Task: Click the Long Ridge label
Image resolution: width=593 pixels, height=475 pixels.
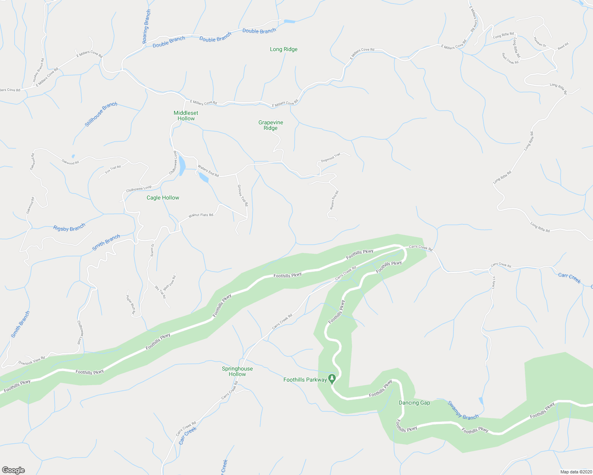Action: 283,49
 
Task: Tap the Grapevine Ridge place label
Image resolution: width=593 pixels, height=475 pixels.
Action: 271,125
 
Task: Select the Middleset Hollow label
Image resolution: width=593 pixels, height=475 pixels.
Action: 186,116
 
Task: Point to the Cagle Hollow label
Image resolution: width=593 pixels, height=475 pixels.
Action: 163,198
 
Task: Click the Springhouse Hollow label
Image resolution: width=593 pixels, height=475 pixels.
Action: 237,371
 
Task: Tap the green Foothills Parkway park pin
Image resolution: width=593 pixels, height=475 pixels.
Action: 332,378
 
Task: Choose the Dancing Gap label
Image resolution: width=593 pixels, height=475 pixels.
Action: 414,403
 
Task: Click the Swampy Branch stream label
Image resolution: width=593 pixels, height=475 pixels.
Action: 463,410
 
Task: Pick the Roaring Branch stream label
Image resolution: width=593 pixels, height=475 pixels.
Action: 147,27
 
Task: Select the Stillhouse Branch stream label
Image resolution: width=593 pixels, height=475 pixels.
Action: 101,114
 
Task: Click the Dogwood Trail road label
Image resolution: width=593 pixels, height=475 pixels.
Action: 331,158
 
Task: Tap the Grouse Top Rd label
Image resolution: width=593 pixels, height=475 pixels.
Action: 243,195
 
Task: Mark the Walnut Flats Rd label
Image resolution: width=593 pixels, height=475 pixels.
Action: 201,215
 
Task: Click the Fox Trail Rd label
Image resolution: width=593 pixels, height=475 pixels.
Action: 113,169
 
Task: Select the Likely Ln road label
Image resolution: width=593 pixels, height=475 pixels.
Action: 494,282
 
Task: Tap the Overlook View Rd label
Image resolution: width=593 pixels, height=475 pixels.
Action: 32,360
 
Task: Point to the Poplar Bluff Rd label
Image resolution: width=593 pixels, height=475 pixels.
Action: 131,305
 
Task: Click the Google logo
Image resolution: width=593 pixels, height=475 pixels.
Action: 13,470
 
